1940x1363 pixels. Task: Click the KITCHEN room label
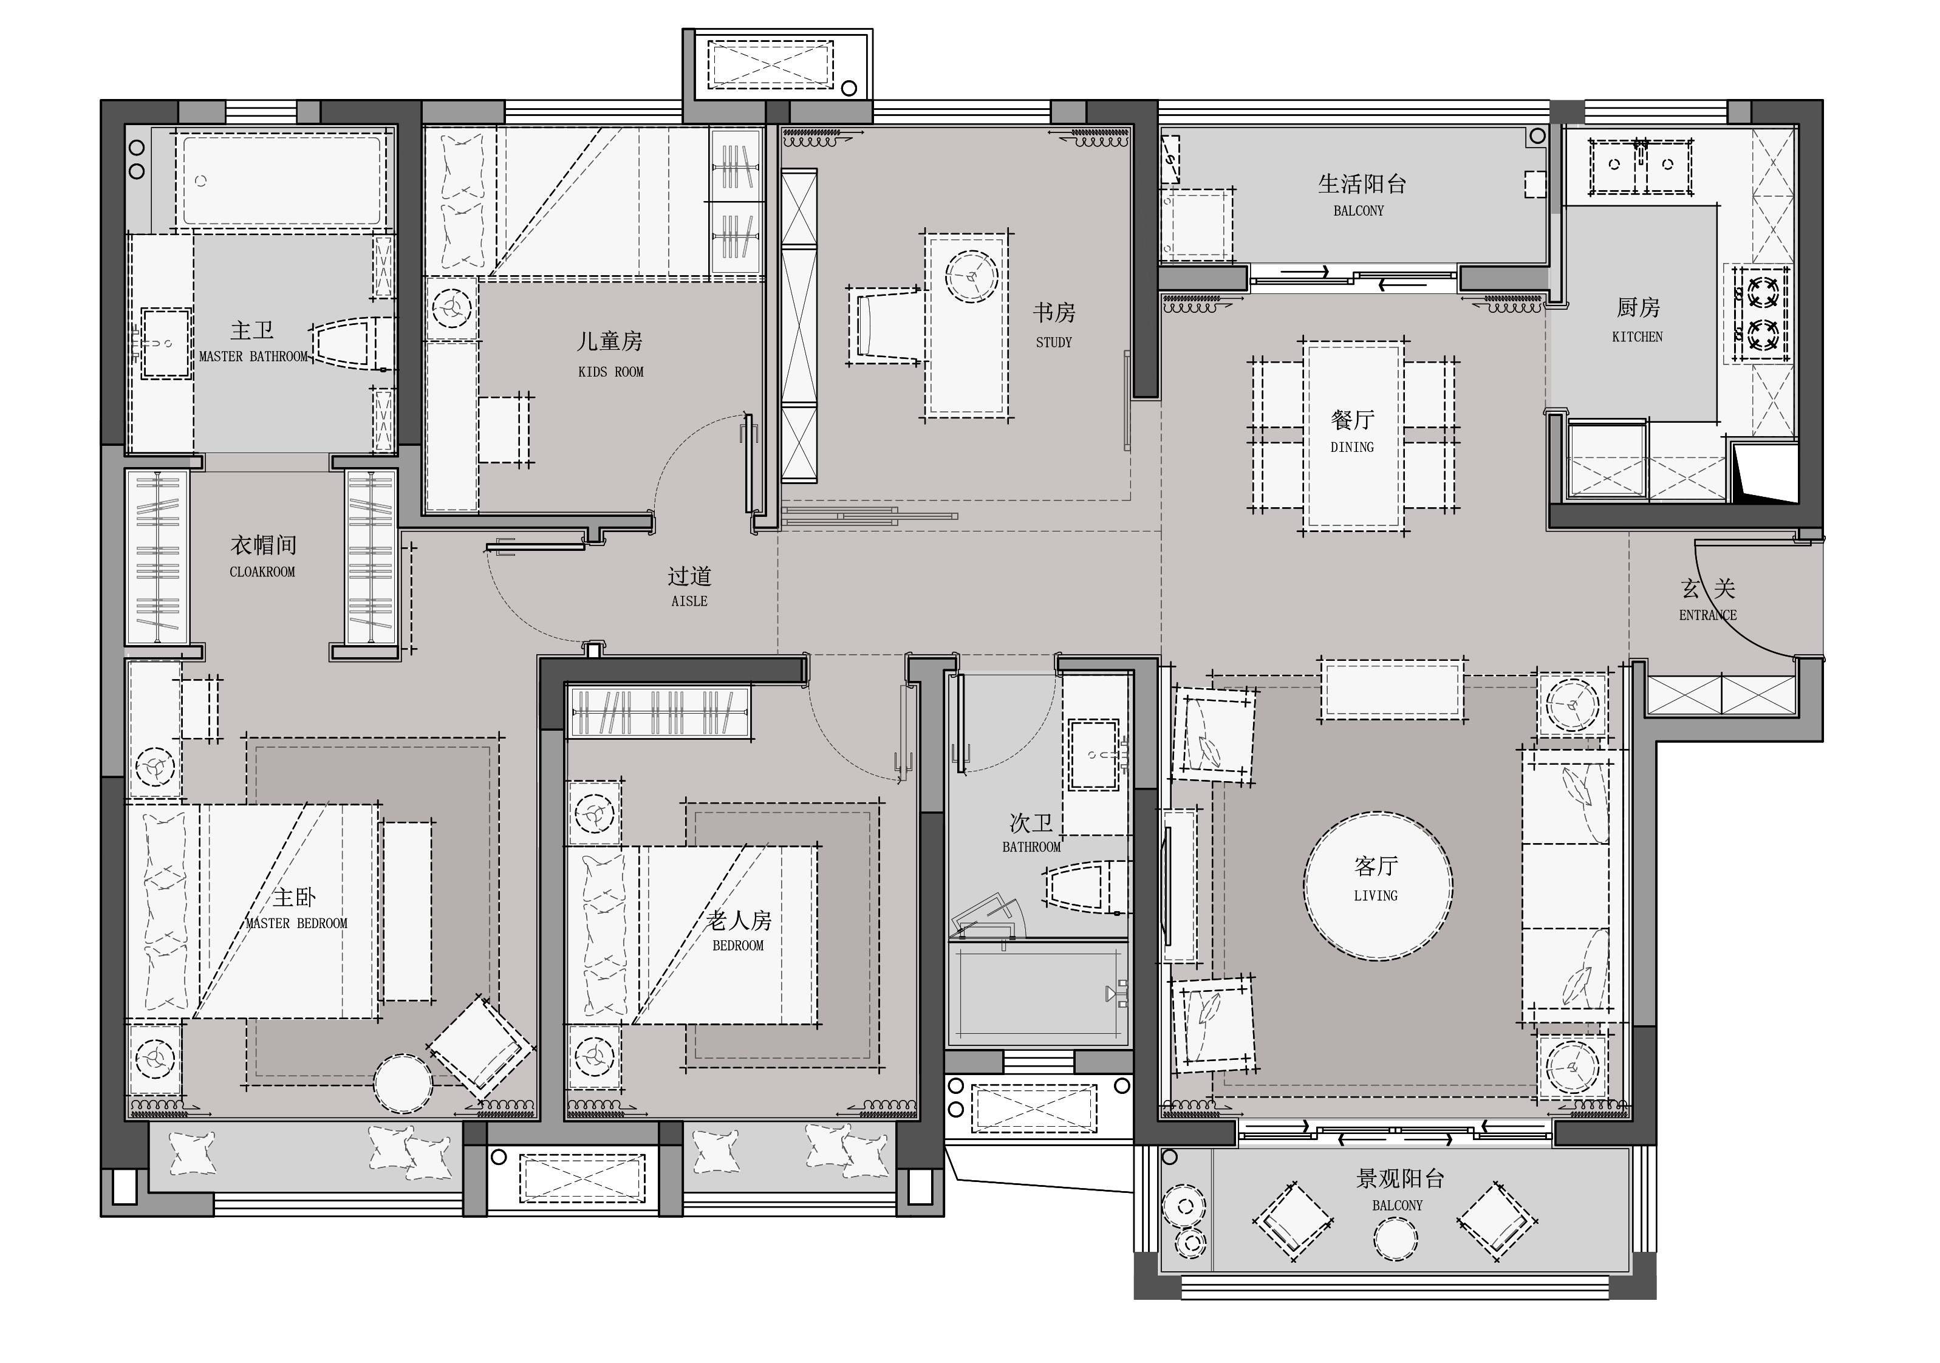(x=1637, y=337)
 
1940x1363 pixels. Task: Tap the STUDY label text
(x=1054, y=342)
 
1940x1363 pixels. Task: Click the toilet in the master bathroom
(x=352, y=344)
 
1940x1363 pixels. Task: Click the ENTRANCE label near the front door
(x=1707, y=615)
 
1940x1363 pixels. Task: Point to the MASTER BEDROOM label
(x=296, y=924)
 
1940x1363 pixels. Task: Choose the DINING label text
(x=1352, y=448)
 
